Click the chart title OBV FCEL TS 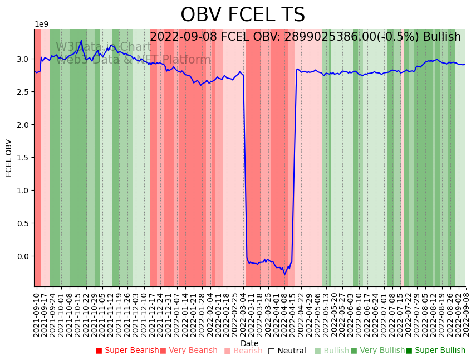(243, 15)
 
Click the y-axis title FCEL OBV (9, 158)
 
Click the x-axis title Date (249, 343)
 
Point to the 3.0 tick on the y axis (24, 59)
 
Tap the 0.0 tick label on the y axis (24, 256)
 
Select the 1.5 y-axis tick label (24, 158)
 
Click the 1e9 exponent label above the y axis (42, 25)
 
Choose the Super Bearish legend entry (127, 351)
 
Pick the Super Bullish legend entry (435, 351)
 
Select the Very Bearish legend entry (189, 351)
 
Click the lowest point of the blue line (284, 274)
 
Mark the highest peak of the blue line (81, 40)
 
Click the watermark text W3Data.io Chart (104, 47)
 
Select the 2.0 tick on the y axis (24, 125)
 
